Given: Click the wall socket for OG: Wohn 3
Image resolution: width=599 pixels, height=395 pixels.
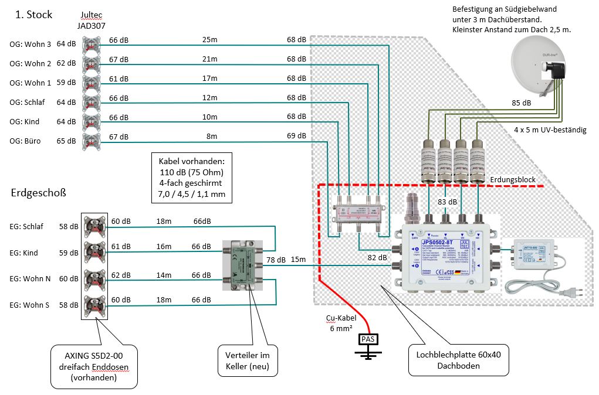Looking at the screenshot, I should (91, 45).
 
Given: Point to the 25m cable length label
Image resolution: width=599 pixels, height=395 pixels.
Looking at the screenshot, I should (209, 40).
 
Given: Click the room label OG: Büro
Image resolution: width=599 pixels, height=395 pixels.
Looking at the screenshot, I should (27, 141).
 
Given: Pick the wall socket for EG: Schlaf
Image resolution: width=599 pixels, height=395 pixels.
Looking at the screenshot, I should (93, 226).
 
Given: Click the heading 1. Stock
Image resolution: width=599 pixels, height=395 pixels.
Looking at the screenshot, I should (33, 15).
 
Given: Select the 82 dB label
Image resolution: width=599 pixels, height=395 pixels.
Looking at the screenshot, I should (377, 257).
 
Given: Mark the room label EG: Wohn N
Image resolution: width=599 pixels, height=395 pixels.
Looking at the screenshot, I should (31, 279).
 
